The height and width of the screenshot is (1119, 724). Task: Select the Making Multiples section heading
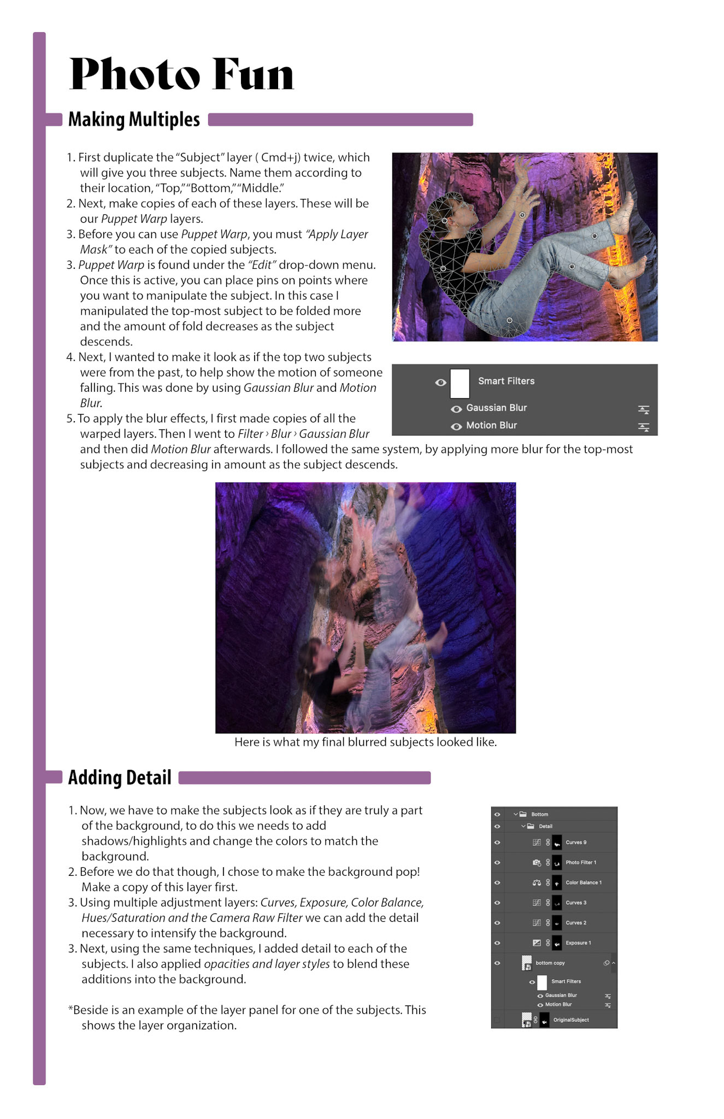tap(134, 119)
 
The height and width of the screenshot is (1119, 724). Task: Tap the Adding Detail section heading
tap(120, 778)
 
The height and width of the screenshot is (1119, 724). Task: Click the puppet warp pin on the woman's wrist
tap(522, 215)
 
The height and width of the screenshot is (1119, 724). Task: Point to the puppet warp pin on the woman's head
tap(445, 221)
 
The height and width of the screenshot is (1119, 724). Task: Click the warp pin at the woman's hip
tap(509, 320)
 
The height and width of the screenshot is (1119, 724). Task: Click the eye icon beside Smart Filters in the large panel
tap(440, 382)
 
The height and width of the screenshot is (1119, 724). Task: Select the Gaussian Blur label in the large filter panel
tap(496, 408)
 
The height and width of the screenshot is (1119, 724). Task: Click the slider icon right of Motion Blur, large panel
tap(644, 426)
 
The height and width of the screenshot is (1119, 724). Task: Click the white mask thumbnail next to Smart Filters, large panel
tap(460, 383)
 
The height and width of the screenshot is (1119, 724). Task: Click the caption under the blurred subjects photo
tap(366, 742)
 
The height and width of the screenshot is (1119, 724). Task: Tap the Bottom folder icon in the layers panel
tap(523, 814)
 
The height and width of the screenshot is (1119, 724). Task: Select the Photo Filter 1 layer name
tap(581, 862)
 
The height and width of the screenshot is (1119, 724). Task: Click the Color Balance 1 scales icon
tap(537, 882)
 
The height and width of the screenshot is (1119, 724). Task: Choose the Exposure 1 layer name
tap(578, 943)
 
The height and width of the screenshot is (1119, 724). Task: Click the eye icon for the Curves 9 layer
tap(497, 843)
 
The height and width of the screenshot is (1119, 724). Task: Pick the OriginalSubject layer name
tap(571, 1020)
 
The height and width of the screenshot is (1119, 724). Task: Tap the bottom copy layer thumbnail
tap(527, 963)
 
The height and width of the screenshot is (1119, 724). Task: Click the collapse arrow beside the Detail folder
tap(523, 826)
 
